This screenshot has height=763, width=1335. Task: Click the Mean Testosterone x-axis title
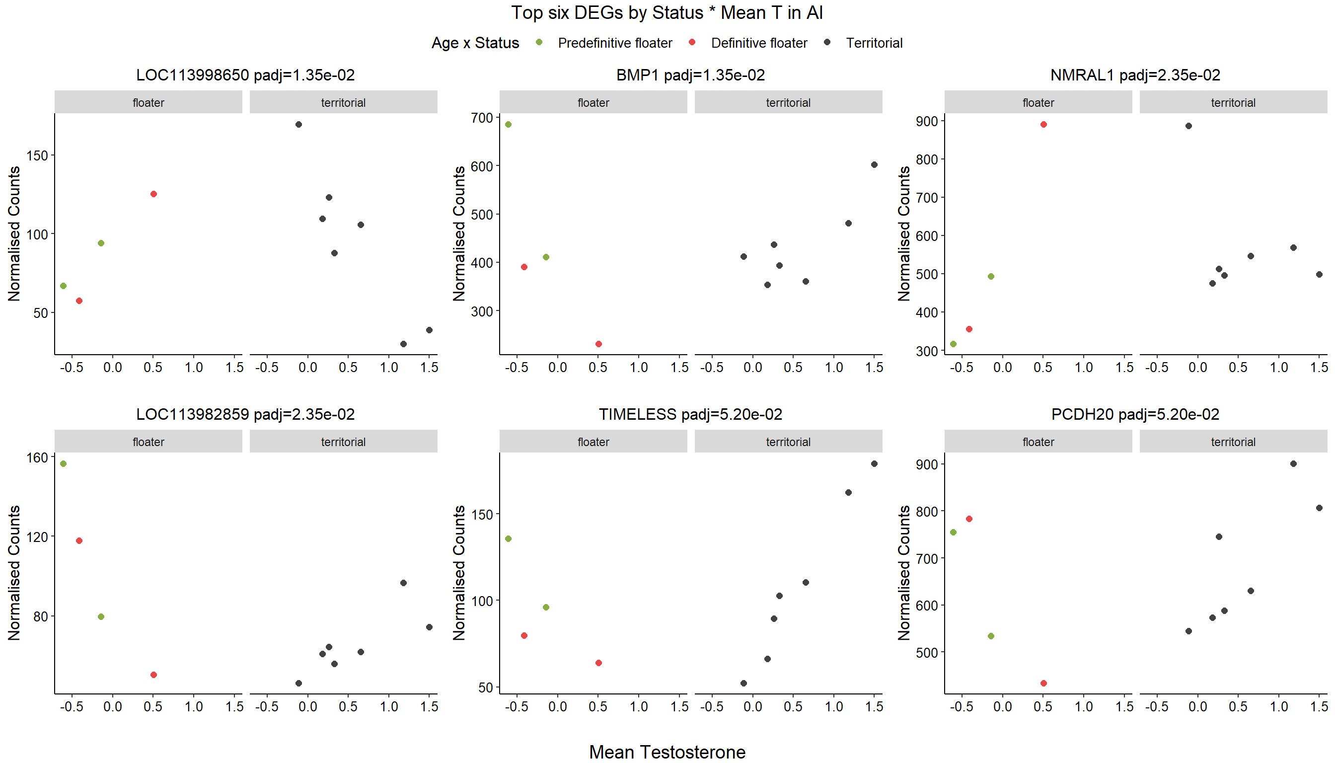point(667,752)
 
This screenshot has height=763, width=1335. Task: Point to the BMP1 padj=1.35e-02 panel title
point(690,75)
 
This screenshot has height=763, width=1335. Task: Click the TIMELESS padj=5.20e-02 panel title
point(690,414)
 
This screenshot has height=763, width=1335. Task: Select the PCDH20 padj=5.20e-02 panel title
point(1135,414)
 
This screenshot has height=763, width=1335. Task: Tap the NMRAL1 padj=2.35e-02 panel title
point(1135,75)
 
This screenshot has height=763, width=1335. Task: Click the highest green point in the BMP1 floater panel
point(508,125)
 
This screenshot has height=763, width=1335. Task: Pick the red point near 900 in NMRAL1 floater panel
point(1043,125)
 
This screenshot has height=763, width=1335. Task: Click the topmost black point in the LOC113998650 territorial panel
point(298,125)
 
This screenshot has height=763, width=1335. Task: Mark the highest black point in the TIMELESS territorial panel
point(875,464)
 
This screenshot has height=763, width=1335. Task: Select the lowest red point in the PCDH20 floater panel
point(1043,684)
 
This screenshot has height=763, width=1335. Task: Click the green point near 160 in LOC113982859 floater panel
point(64,464)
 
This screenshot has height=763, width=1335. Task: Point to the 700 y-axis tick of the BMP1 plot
point(482,118)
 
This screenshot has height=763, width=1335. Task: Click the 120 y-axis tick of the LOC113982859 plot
point(37,537)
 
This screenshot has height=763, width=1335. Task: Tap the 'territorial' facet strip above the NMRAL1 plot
point(1233,102)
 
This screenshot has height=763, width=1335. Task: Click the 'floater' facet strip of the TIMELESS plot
point(593,442)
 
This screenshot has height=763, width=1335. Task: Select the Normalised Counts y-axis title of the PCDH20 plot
point(904,573)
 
